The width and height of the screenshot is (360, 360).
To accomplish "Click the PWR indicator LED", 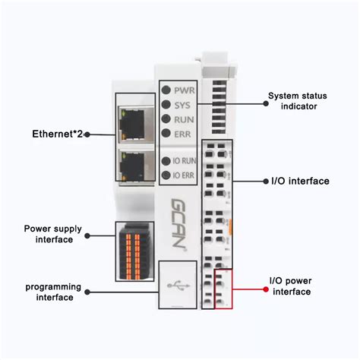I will click(166, 90).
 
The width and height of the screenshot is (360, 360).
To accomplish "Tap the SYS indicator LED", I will click(166, 105).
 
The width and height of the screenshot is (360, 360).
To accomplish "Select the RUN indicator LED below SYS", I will click(166, 119).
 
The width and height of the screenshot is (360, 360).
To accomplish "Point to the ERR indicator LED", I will click(166, 134).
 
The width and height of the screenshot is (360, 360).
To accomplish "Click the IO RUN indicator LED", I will click(166, 161).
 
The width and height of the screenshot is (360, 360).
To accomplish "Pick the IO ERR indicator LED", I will click(166, 175).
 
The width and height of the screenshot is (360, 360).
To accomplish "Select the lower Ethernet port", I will click(134, 165).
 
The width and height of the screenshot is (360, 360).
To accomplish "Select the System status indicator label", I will click(292, 101).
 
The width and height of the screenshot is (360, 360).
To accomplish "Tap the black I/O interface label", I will click(299, 181).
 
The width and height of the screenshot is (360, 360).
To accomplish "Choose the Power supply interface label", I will click(48, 233).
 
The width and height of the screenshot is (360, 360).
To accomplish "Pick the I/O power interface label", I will click(292, 285).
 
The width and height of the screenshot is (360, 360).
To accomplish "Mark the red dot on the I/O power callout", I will click(265, 289).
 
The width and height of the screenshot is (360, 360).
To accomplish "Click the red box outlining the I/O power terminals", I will click(223, 289).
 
